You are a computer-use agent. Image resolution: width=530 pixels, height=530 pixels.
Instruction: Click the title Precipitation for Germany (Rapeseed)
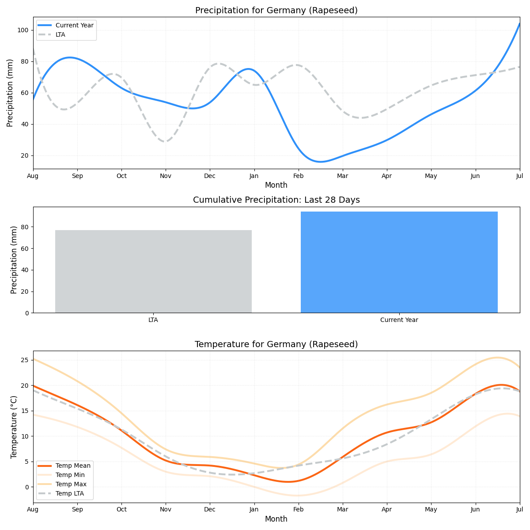(x=276, y=11)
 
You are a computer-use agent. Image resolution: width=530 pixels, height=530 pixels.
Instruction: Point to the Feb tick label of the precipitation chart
(x=298, y=176)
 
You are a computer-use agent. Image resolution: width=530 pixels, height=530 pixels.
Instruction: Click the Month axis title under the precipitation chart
(x=276, y=185)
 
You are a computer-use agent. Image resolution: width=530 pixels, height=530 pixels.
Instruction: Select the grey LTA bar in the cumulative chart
(x=153, y=271)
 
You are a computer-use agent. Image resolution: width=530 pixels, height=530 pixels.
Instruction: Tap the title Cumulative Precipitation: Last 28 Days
(x=276, y=200)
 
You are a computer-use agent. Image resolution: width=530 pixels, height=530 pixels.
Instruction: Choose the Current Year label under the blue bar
(x=399, y=320)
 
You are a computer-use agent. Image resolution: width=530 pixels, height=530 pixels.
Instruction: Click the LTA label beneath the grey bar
(x=153, y=320)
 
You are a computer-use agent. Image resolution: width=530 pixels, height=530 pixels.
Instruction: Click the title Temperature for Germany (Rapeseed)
(x=276, y=344)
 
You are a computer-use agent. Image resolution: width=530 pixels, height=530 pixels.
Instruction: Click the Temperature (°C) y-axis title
(x=14, y=427)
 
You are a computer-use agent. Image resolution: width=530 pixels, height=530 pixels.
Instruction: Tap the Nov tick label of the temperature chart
(x=166, y=510)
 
